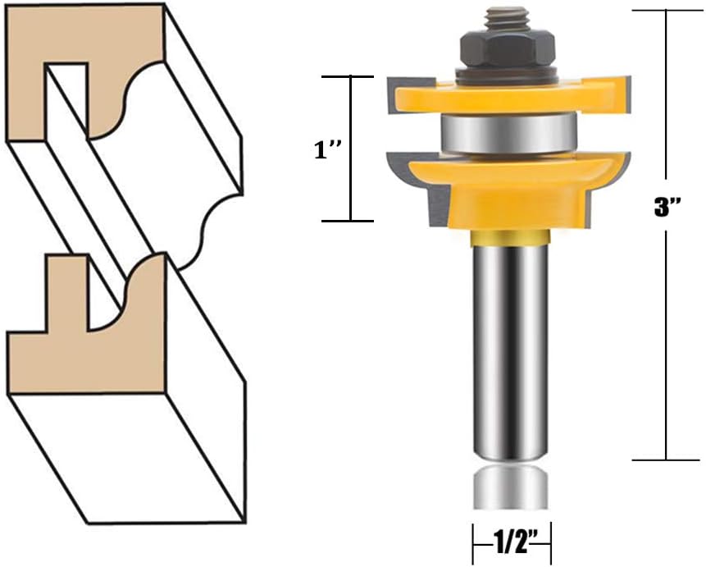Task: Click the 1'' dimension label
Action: click(328, 149)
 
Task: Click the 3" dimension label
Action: click(666, 208)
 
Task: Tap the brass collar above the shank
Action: click(510, 237)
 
